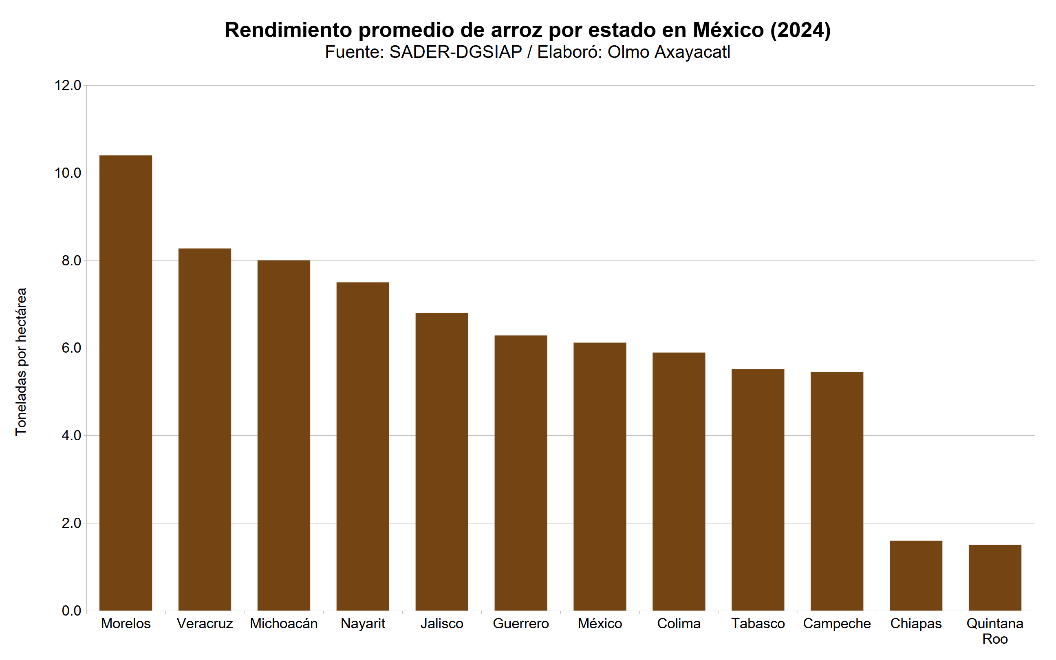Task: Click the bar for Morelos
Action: click(126, 383)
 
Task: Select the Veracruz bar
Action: click(205, 430)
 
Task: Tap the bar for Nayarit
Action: click(363, 446)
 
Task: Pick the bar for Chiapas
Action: click(916, 575)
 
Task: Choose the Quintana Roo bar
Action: click(995, 578)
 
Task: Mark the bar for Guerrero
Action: click(520, 473)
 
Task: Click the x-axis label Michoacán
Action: click(284, 623)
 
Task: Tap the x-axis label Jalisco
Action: click(442, 623)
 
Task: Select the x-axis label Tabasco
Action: click(758, 623)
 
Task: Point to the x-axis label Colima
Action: click(679, 623)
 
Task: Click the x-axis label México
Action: click(600, 623)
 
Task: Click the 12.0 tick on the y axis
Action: click(68, 85)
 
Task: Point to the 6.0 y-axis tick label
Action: click(71, 348)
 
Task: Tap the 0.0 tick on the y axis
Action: click(71, 611)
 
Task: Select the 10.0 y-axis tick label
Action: click(68, 173)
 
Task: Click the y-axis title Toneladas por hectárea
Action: click(21, 362)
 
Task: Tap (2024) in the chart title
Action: click(800, 30)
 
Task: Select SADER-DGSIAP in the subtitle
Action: click(455, 52)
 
